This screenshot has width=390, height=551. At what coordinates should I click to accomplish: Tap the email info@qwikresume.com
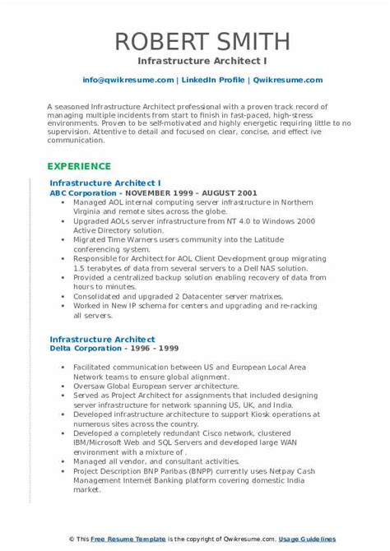click(128, 80)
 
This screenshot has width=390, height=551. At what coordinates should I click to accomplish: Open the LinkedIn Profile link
click(212, 80)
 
